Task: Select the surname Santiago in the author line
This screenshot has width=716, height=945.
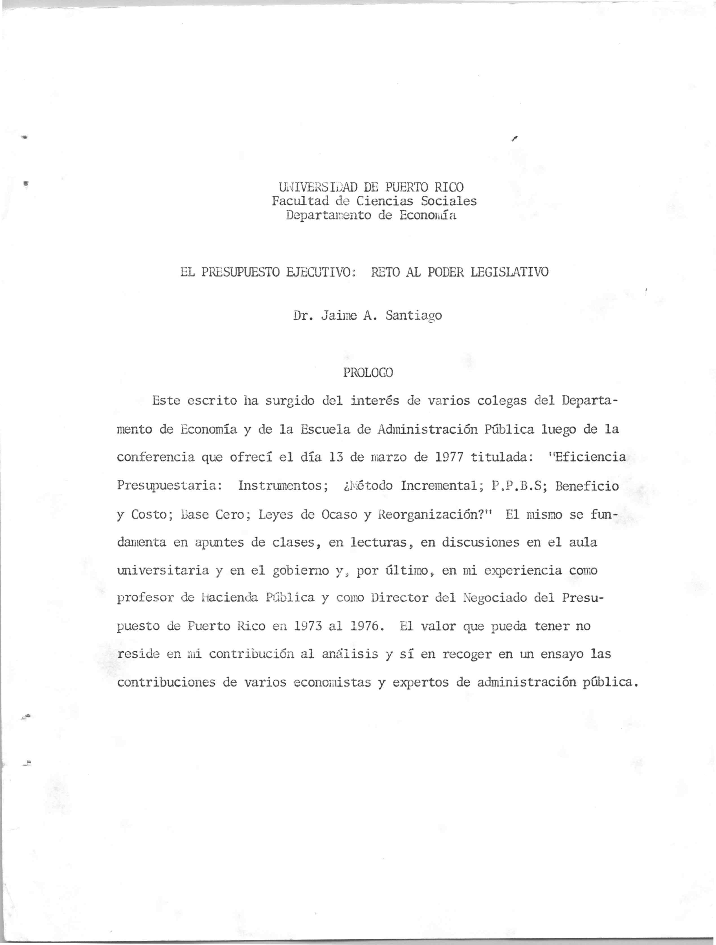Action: (413, 316)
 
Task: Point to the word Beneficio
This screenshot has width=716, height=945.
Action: (587, 486)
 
